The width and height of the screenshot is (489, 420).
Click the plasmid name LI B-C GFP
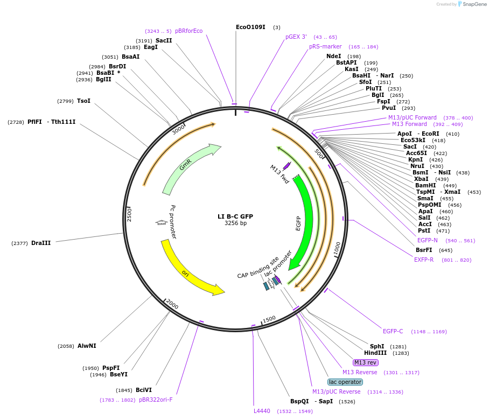235,216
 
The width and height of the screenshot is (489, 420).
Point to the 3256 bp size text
235,223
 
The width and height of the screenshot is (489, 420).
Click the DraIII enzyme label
41,243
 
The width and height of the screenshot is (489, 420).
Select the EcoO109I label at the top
250,27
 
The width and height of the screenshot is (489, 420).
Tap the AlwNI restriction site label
87,346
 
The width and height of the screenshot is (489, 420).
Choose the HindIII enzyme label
375,353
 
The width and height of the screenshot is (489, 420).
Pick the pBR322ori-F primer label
156,400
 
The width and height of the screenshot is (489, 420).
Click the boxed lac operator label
345,382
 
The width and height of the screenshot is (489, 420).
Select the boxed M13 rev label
366,362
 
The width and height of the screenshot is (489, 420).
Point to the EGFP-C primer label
393,331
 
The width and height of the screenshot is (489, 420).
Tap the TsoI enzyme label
83,101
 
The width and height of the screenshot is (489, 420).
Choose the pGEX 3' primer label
296,37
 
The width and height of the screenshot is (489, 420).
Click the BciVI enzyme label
144,390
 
